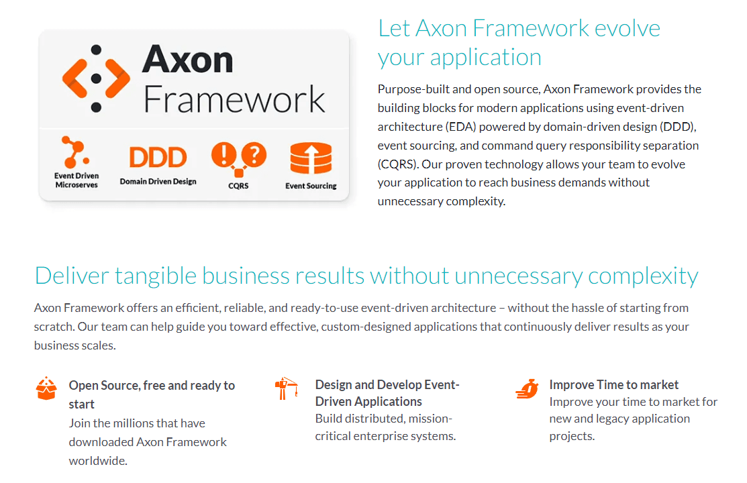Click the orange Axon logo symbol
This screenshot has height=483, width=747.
click(96, 78)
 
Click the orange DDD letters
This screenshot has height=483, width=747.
click(157, 157)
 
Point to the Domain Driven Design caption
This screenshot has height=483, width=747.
click(158, 181)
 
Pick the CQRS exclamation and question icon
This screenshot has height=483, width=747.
click(238, 157)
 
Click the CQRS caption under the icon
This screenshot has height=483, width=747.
click(238, 186)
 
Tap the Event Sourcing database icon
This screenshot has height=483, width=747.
click(311, 158)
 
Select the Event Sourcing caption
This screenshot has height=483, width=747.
click(311, 186)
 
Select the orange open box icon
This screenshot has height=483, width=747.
click(46, 388)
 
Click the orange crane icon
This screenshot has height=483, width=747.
click(287, 388)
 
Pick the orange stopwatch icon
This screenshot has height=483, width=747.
click(527, 388)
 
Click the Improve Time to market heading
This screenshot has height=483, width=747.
click(613, 384)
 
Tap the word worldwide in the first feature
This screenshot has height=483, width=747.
click(97, 461)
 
